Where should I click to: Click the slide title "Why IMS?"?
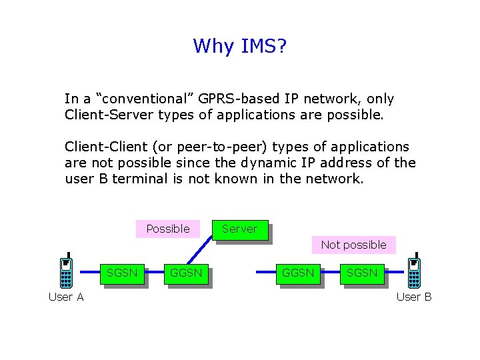(239, 46)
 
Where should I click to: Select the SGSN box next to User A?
(122, 273)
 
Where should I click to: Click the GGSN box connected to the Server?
(186, 273)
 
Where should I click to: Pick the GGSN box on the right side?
(298, 273)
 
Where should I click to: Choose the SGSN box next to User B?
(362, 273)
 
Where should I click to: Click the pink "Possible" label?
(168, 229)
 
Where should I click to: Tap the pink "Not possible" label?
(353, 245)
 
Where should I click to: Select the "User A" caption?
(66, 297)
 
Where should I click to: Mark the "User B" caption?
(414, 297)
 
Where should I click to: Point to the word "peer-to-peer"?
(213, 146)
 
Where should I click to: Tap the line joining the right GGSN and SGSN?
(331, 273)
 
